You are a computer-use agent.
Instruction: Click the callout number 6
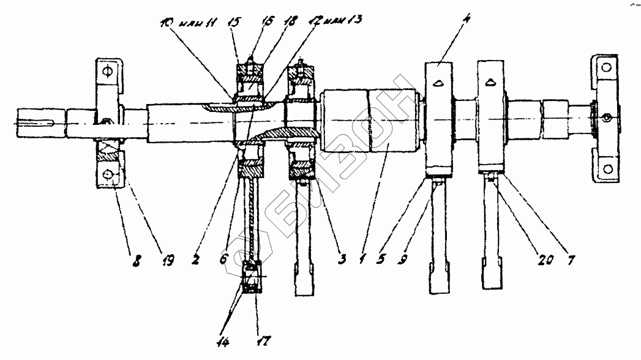click(225, 260)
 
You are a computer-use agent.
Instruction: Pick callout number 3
click(341, 260)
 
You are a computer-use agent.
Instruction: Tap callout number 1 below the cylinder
click(363, 260)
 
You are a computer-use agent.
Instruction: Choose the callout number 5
click(383, 260)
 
